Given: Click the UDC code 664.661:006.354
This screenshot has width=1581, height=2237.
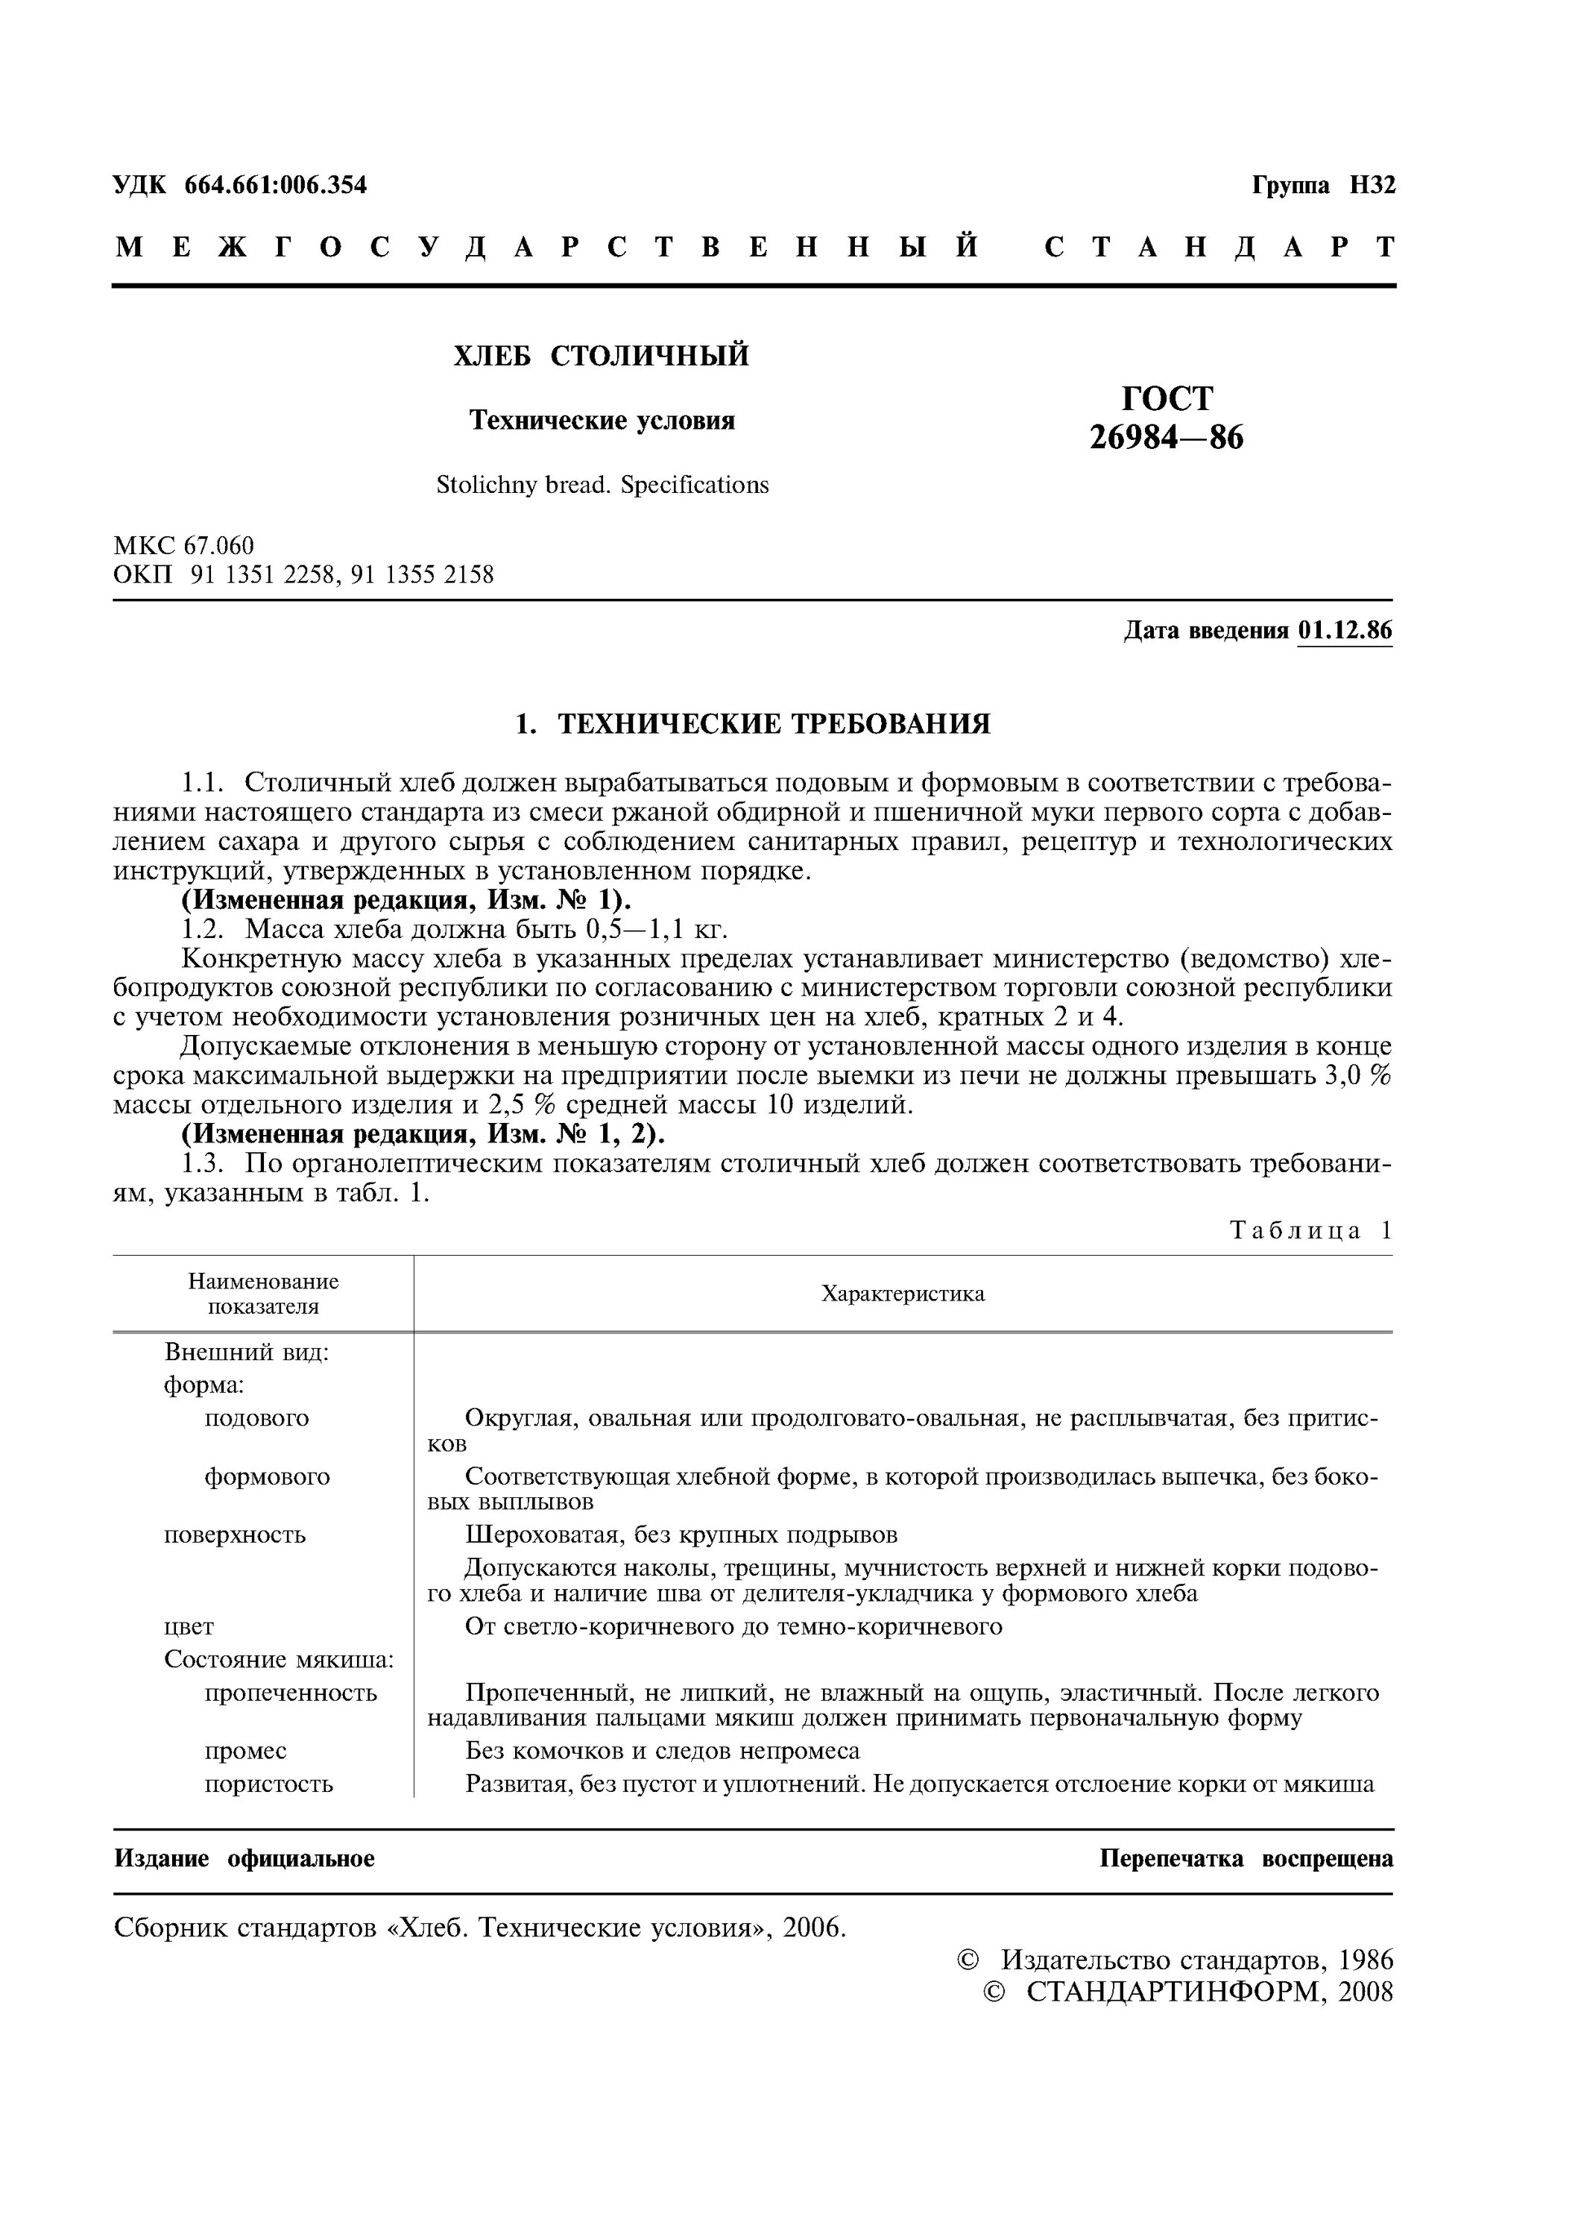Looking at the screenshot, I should point(276,185).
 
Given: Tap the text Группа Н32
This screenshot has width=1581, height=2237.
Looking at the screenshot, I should point(1323,185).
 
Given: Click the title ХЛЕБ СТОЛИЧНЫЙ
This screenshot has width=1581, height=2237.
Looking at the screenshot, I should point(601,356).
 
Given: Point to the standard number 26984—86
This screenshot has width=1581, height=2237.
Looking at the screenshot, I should point(1166,438).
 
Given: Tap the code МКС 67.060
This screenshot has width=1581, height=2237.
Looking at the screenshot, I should point(183,546).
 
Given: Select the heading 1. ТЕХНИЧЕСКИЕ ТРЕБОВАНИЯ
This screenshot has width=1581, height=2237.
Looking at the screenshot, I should point(752,723).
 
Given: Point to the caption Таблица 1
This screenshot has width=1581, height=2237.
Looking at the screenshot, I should point(1310,1230).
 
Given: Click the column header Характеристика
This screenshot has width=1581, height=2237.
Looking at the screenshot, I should point(902,1294).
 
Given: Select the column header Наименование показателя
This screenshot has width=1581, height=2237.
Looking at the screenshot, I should point(263,1294).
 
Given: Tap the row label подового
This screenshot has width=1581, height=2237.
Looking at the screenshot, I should point(256,1418).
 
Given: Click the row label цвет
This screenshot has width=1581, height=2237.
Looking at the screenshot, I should point(189,1626).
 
